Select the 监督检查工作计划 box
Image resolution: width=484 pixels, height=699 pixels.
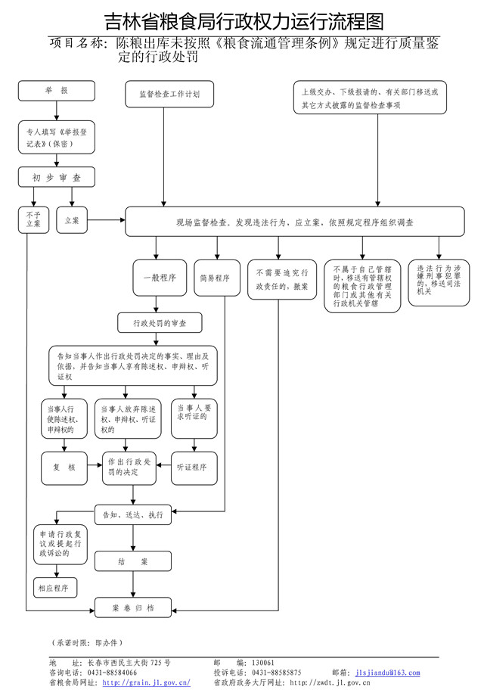tap(169, 95)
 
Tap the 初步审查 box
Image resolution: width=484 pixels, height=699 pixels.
tap(57, 178)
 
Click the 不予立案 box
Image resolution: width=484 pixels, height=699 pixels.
tap(32, 220)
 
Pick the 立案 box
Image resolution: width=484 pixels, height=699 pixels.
tap(73, 220)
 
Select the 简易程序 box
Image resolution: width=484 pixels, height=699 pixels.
tap(215, 278)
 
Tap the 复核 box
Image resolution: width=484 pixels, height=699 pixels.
tap(65, 467)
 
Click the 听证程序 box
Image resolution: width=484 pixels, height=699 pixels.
tap(196, 467)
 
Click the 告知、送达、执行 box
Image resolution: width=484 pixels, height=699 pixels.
tap(132, 514)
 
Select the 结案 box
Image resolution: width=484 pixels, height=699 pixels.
tap(132, 562)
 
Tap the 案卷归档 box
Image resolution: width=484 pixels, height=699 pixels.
tap(133, 607)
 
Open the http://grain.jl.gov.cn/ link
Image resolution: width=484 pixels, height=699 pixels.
tap(146, 682)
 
